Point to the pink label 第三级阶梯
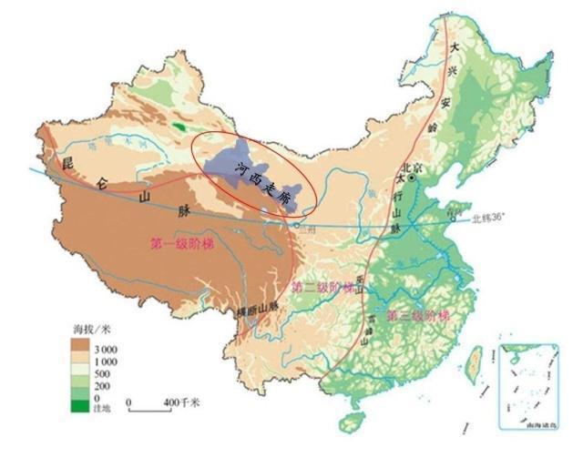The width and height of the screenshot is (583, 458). [x=418, y=316]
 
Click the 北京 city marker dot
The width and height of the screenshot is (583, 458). [x=412, y=179]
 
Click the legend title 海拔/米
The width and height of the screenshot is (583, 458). [x=89, y=328]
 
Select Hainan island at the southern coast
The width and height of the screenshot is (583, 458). [x=349, y=423]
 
